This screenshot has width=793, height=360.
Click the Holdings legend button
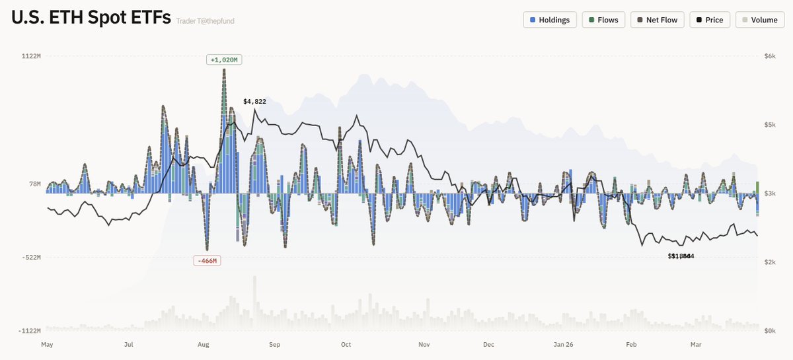click(x=550, y=20)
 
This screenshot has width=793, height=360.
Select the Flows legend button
click(x=603, y=20)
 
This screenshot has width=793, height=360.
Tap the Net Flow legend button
click(x=657, y=20)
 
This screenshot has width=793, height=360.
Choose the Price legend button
click(x=709, y=20)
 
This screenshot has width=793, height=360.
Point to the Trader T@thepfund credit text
click(x=206, y=21)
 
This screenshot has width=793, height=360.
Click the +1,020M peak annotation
click(x=224, y=60)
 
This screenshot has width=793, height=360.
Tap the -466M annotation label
click(x=206, y=261)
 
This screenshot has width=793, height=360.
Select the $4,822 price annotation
click(x=254, y=102)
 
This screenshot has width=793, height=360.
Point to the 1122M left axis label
click(x=31, y=56)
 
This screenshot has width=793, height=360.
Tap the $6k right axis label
click(x=769, y=56)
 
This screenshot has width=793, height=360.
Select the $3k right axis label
click(x=769, y=194)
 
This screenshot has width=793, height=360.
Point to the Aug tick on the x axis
click(x=204, y=345)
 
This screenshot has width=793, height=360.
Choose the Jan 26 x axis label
click(x=563, y=345)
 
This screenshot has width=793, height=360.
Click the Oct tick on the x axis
click(x=346, y=345)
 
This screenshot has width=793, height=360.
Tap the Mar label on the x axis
click(x=695, y=345)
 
